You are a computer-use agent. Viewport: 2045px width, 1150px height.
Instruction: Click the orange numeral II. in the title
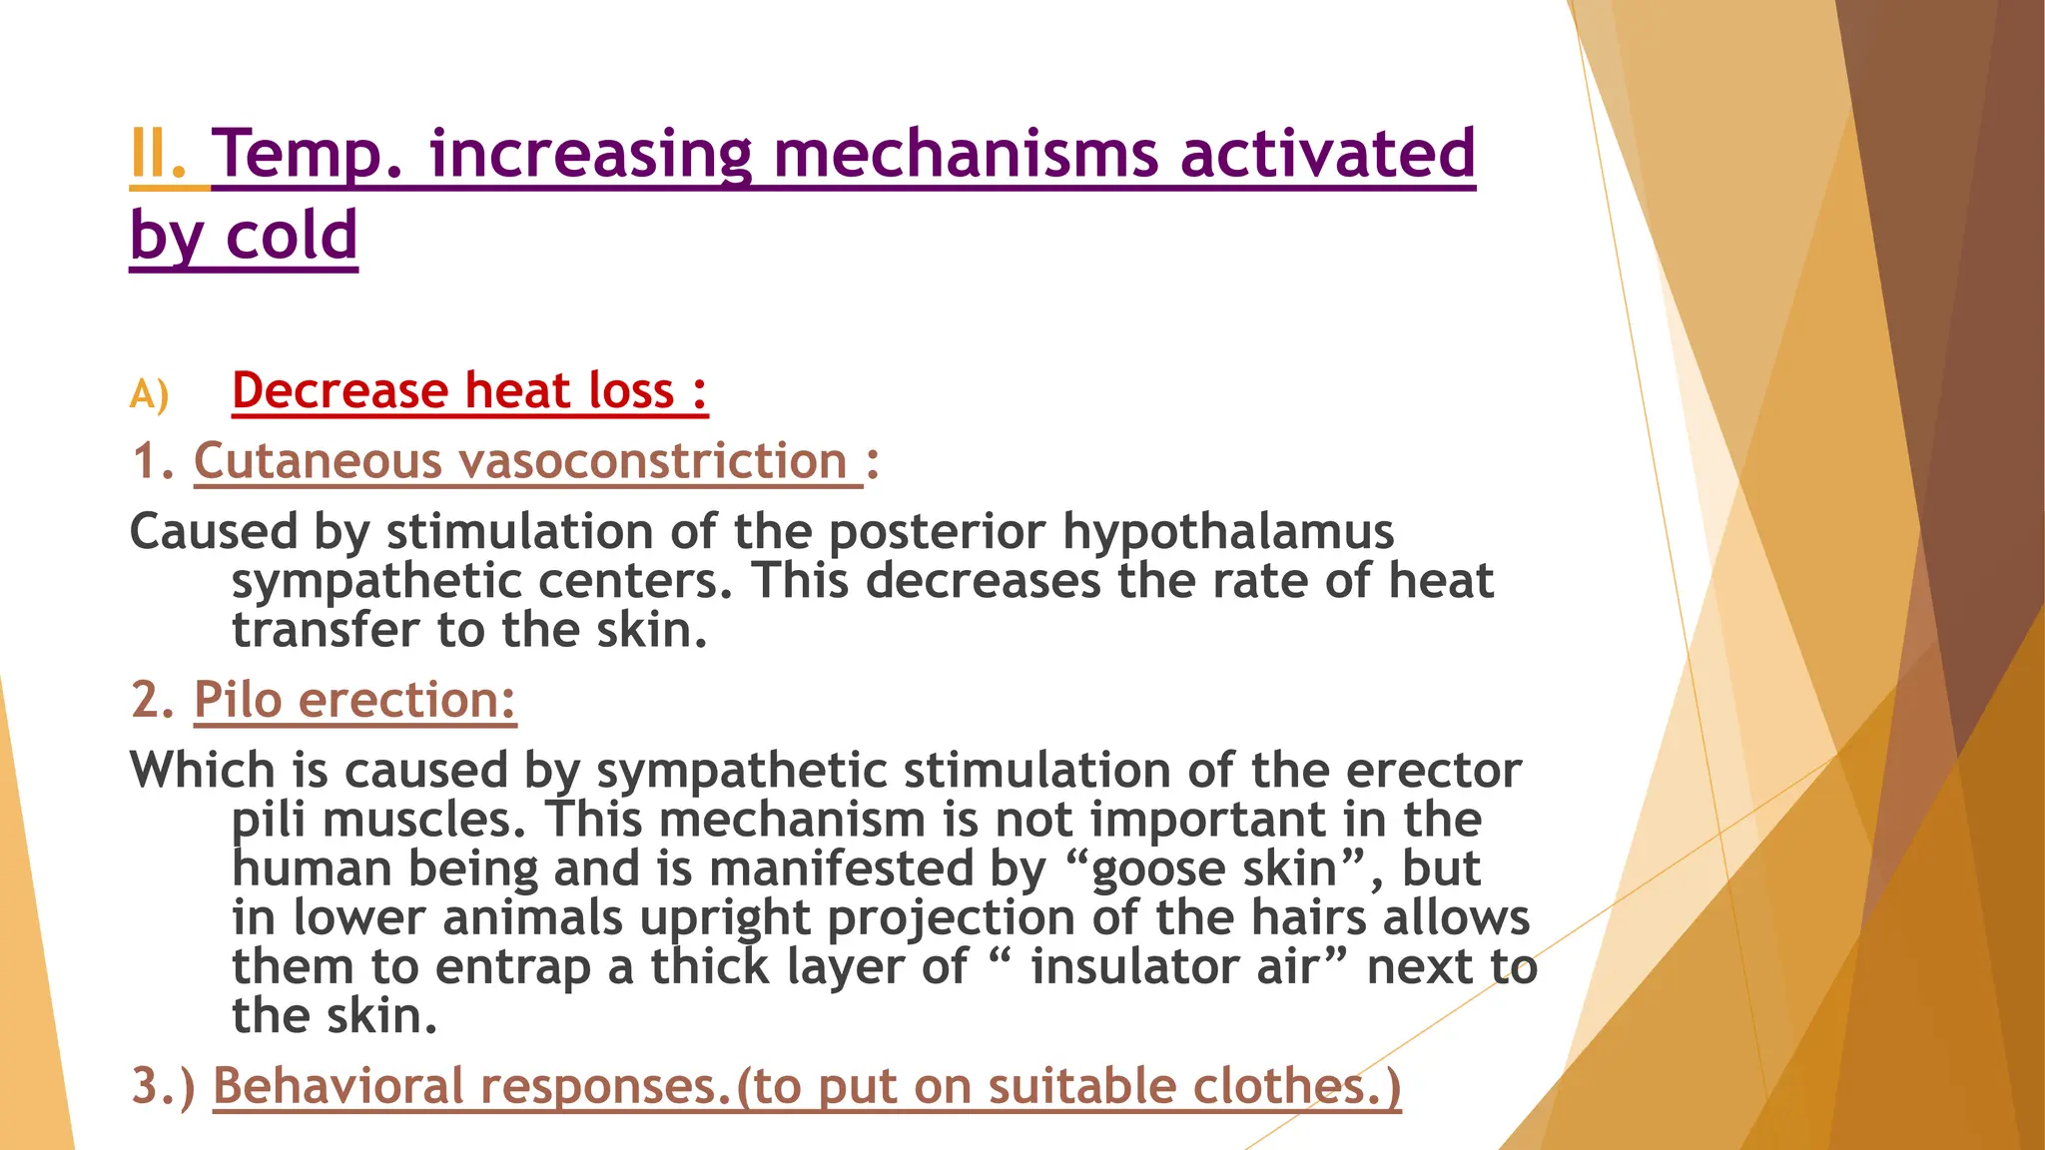[158, 156]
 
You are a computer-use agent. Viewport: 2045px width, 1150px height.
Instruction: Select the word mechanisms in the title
[965, 156]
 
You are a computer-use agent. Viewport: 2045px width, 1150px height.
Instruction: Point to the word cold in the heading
[292, 237]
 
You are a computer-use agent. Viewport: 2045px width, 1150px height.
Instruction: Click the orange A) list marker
[149, 395]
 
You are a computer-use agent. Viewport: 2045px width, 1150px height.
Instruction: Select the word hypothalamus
[1227, 532]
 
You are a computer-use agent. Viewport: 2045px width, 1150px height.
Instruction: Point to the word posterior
[937, 532]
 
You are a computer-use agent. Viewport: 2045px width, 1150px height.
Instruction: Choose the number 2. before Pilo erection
[153, 700]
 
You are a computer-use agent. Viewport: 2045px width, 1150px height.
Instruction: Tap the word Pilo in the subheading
[238, 700]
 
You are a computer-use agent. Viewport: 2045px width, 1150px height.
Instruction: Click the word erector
[1433, 771]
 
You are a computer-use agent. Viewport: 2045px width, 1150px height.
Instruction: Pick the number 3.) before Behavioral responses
[164, 1086]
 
